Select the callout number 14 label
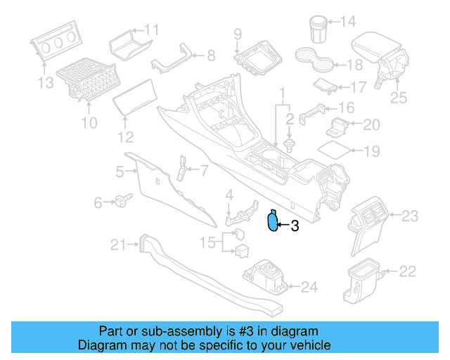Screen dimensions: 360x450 (x=348, y=21)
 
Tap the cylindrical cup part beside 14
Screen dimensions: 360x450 (x=319, y=28)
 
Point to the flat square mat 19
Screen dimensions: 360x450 (x=333, y=150)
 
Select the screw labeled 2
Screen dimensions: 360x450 (x=290, y=146)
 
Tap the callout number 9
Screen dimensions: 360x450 (x=237, y=33)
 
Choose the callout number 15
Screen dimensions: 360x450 (x=207, y=243)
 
